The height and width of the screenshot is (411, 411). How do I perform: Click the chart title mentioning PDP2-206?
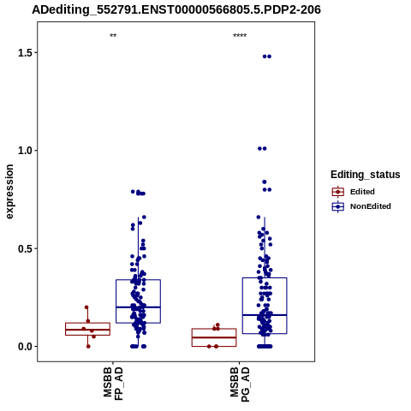coord(176,10)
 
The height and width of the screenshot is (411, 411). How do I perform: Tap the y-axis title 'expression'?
coord(9,192)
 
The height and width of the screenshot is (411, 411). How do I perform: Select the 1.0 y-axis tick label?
coord(26,151)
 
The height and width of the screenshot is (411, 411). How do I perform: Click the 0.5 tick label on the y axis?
coord(26,248)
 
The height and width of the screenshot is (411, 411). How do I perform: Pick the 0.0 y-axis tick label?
coord(26,347)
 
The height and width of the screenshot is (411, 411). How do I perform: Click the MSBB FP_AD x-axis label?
coord(113,384)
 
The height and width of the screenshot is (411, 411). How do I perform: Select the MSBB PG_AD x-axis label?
coord(240,384)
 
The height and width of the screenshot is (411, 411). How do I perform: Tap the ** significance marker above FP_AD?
coord(113,36)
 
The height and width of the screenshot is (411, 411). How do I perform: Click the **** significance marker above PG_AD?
coord(240,36)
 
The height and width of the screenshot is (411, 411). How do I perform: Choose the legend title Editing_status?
coord(366,175)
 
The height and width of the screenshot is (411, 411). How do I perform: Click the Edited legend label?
coord(362,192)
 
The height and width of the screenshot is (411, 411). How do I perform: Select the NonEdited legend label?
coord(371,206)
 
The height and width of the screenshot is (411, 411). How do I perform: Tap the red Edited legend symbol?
coord(338,192)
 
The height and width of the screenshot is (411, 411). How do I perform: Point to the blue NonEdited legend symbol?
coord(338,206)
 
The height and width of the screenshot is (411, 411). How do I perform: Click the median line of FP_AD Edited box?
coord(87,330)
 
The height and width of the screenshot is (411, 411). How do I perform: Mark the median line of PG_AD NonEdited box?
coord(265,315)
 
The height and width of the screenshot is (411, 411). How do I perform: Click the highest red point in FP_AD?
coord(86,307)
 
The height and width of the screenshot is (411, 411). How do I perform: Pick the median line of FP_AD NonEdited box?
coord(138,307)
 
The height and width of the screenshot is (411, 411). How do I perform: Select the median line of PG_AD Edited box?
coord(214,337)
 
